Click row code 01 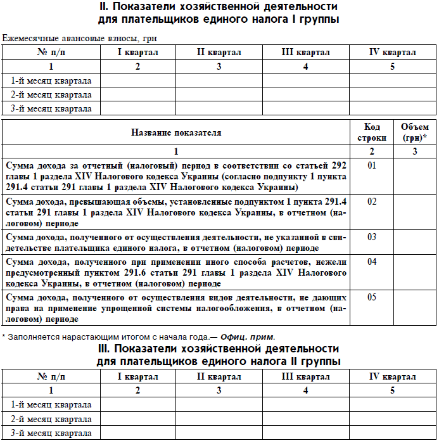coord(372,166)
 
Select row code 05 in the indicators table coord(372,297)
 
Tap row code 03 coord(372,237)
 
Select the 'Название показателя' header coord(176,132)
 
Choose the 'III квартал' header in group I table coord(306,52)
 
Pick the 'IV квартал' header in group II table coord(392,376)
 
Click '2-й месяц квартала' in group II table coord(51,419)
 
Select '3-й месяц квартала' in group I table coord(51,108)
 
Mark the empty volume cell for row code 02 coord(415,212)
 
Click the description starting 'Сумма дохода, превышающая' coord(176,212)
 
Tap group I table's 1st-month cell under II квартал coord(219,80)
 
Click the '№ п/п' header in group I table coord(51,52)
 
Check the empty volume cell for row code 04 coord(415,272)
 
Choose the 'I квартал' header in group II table coord(138,376)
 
